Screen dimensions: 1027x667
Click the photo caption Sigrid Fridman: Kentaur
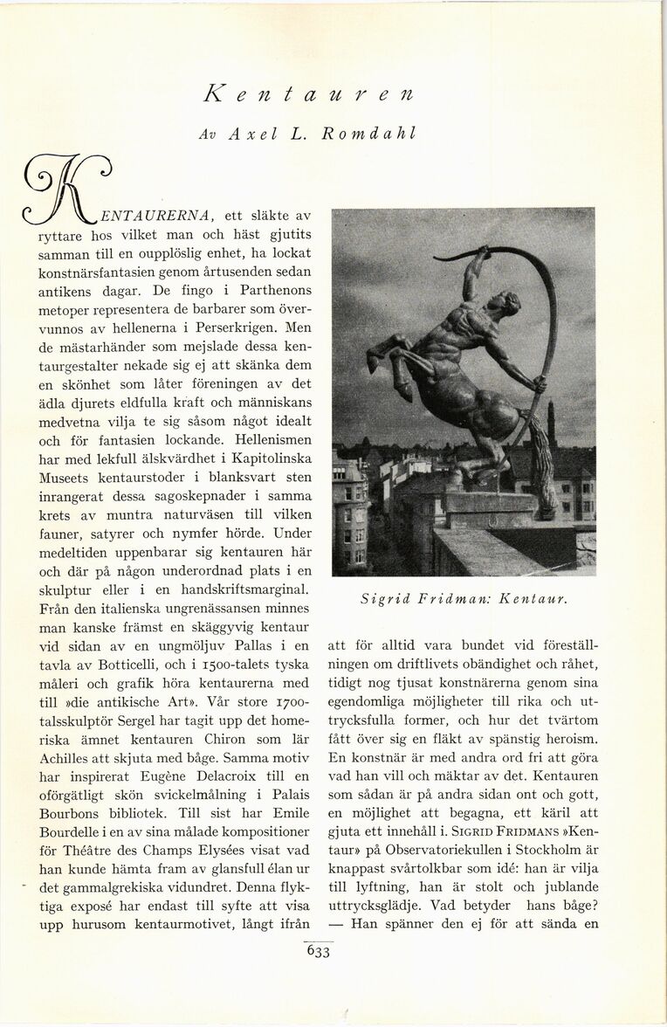464,599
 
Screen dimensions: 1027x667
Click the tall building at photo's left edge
348,515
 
